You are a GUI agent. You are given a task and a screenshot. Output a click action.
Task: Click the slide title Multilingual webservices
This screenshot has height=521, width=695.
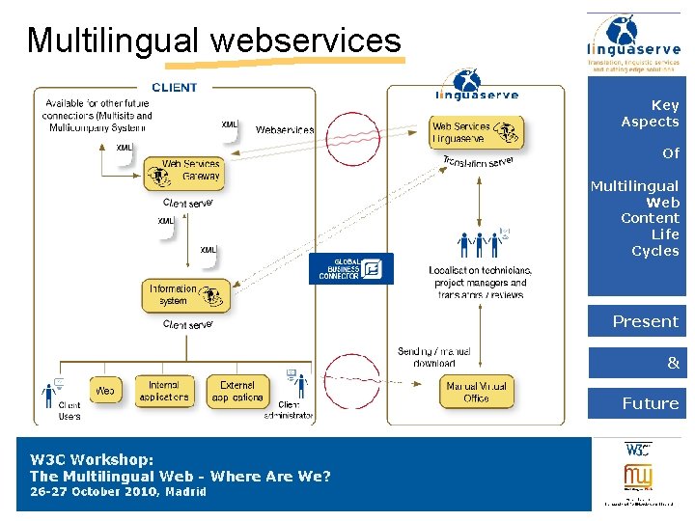click(x=213, y=41)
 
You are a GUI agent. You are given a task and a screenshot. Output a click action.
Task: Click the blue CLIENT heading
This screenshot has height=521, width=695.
click(x=174, y=87)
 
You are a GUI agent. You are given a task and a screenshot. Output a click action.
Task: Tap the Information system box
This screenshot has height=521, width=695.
click(x=186, y=294)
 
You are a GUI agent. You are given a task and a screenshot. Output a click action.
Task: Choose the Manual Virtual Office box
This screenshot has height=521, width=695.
click(x=476, y=392)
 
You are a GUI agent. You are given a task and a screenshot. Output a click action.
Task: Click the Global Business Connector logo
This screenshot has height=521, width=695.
click(x=350, y=268)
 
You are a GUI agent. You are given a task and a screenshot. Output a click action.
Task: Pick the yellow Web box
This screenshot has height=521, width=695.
click(x=105, y=391)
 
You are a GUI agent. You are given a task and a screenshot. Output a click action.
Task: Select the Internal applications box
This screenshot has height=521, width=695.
click(x=163, y=391)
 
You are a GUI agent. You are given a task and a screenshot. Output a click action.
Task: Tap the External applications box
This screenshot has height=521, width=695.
click(x=236, y=391)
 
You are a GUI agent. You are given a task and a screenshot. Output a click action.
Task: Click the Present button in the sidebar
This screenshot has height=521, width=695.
click(x=636, y=321)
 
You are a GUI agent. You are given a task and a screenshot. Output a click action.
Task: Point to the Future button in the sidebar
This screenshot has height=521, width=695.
click(x=636, y=403)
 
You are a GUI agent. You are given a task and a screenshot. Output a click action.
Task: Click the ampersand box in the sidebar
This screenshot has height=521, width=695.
click(x=636, y=363)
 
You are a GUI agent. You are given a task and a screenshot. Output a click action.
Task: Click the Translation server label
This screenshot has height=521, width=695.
click(x=478, y=162)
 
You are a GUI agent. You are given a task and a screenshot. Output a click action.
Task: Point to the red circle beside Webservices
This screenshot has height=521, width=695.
click(x=346, y=138)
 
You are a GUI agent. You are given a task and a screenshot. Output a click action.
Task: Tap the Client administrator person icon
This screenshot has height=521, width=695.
click(x=297, y=386)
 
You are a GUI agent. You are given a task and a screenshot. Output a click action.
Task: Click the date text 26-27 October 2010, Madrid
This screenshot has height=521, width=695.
click(x=118, y=492)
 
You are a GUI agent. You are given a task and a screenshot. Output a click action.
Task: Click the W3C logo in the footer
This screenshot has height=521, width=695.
click(x=638, y=450)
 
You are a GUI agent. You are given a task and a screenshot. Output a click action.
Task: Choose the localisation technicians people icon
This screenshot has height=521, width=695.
click(x=481, y=244)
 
